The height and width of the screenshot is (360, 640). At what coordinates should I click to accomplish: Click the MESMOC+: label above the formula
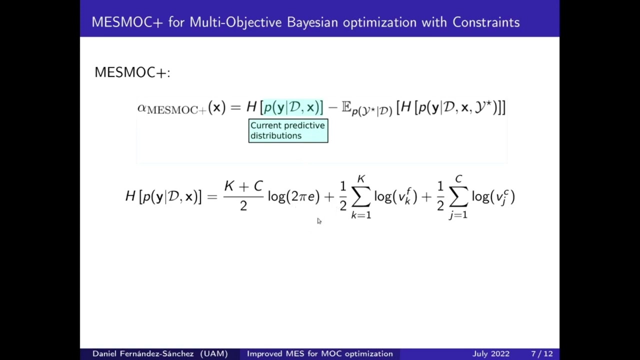click(132, 72)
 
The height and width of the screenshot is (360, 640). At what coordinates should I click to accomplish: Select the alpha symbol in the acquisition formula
click(142, 107)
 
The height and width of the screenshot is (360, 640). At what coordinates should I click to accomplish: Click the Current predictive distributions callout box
click(288, 131)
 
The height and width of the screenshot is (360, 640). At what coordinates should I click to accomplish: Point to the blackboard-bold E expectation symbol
click(346, 107)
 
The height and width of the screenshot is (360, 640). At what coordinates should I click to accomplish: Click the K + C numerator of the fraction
click(243, 186)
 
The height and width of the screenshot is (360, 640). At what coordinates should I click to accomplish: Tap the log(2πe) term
click(293, 196)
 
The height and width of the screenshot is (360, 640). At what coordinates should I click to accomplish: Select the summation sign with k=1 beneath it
click(361, 197)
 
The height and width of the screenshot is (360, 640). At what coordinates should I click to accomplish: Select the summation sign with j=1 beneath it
click(458, 197)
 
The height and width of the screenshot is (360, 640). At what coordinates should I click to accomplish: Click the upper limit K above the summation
click(361, 179)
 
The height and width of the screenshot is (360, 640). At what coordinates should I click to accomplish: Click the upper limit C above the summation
click(458, 179)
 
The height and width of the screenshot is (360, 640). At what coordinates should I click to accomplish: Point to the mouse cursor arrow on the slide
click(319, 221)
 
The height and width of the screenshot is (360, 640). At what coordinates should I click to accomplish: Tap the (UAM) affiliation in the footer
click(214, 353)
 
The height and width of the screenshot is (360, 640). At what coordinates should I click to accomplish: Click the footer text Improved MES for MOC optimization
click(320, 353)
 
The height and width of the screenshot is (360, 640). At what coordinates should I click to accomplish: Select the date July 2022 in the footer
click(491, 353)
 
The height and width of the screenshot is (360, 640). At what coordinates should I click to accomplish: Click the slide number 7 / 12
click(542, 353)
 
